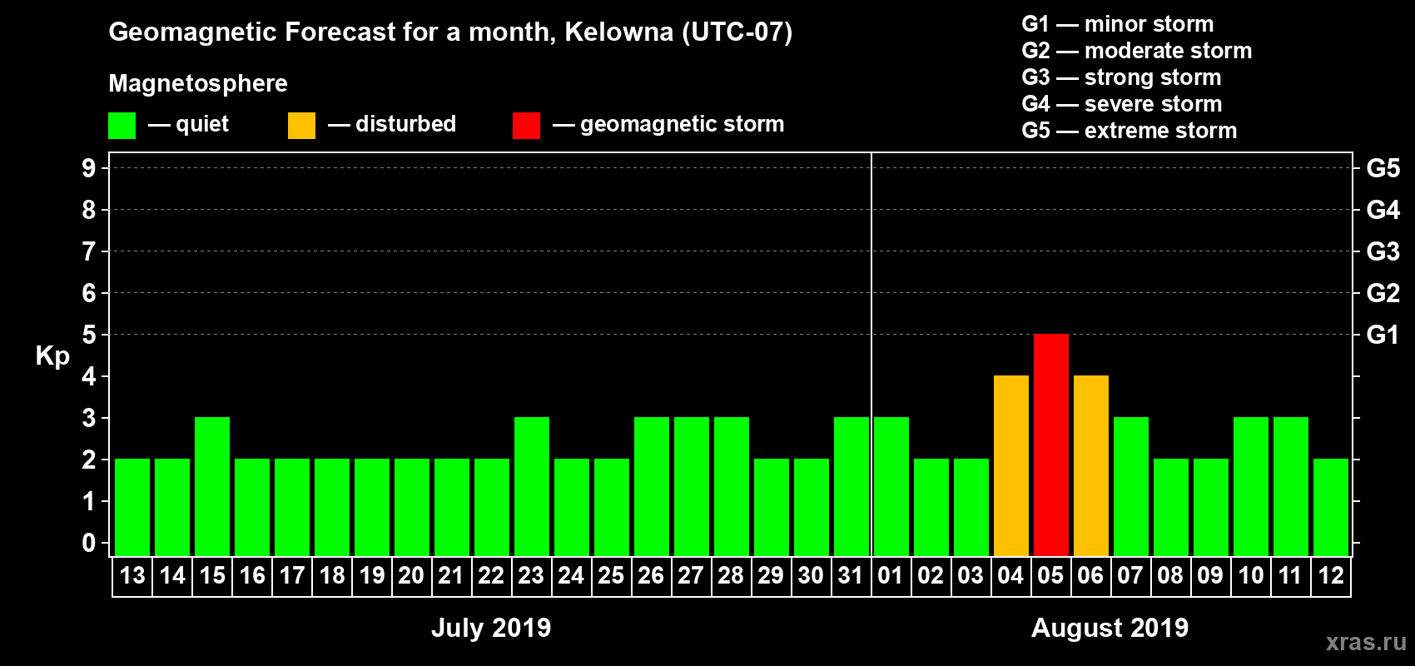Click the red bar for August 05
[1050, 445]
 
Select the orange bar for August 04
[1010, 465]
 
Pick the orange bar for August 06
[1090, 465]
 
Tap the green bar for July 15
[212, 486]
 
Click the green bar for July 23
[532, 486]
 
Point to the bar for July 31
[851, 486]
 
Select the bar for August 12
[1330, 507]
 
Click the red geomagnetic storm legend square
[526, 126]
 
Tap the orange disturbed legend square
[301, 126]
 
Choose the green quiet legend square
[122, 126]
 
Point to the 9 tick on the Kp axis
[89, 168]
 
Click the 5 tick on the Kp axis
[89, 335]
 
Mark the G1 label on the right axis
[1383, 335]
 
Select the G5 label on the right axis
[1383, 168]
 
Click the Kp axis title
[52, 356]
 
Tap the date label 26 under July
[651, 575]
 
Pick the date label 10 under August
[1250, 575]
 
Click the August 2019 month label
[1110, 628]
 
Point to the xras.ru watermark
[1365, 642]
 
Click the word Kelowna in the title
[618, 32]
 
